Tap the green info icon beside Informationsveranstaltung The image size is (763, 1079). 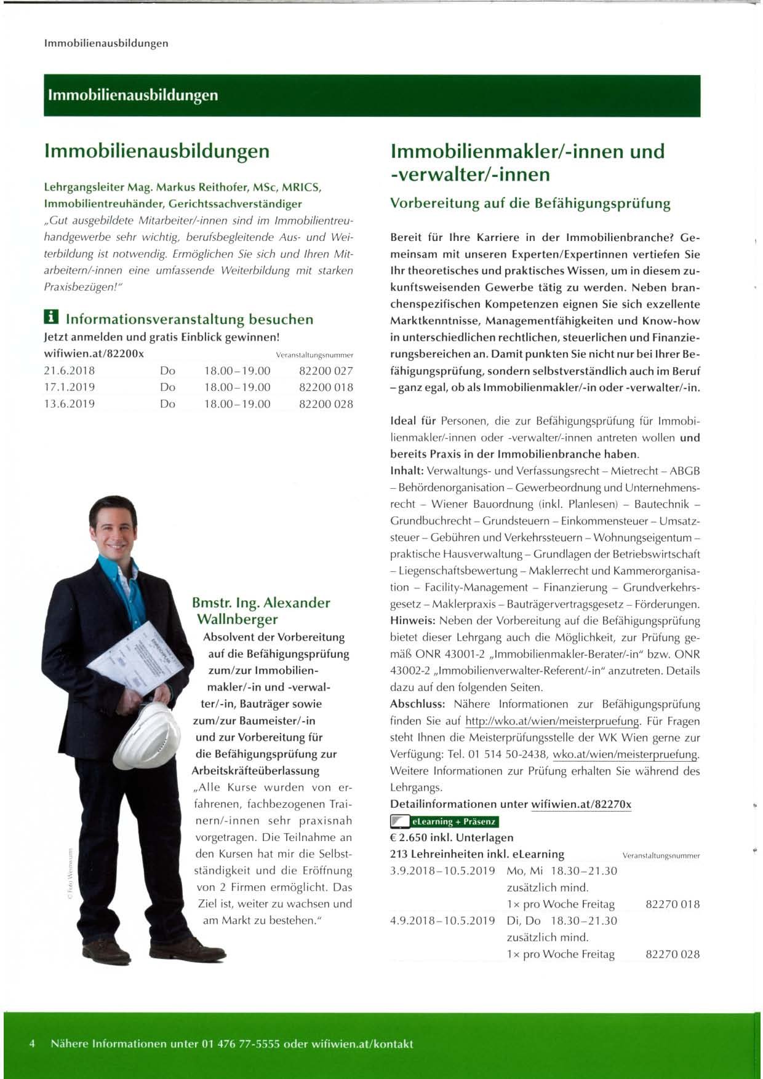pyautogui.click(x=52, y=318)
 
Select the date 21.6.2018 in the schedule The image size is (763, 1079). pyautogui.click(x=70, y=371)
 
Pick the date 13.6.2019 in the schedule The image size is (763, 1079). pyautogui.click(x=70, y=404)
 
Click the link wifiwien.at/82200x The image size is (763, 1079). pyautogui.click(x=94, y=354)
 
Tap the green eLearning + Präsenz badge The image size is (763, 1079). pyautogui.click(x=444, y=821)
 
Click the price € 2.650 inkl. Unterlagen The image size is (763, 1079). pyautogui.click(x=452, y=837)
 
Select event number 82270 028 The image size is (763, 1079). pyautogui.click(x=673, y=954)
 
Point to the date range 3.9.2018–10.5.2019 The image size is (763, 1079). pyautogui.click(x=442, y=871)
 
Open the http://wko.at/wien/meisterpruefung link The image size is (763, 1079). pyautogui.click(x=553, y=721)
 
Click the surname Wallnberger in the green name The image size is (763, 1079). pyautogui.click(x=237, y=619)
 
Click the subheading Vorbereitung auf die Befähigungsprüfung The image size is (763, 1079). pyautogui.click(x=530, y=204)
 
